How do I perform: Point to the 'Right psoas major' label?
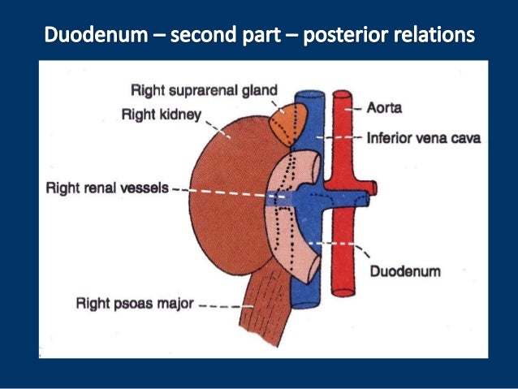click(135, 305)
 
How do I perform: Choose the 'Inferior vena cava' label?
click(423, 138)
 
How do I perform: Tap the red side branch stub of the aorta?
click(370, 189)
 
